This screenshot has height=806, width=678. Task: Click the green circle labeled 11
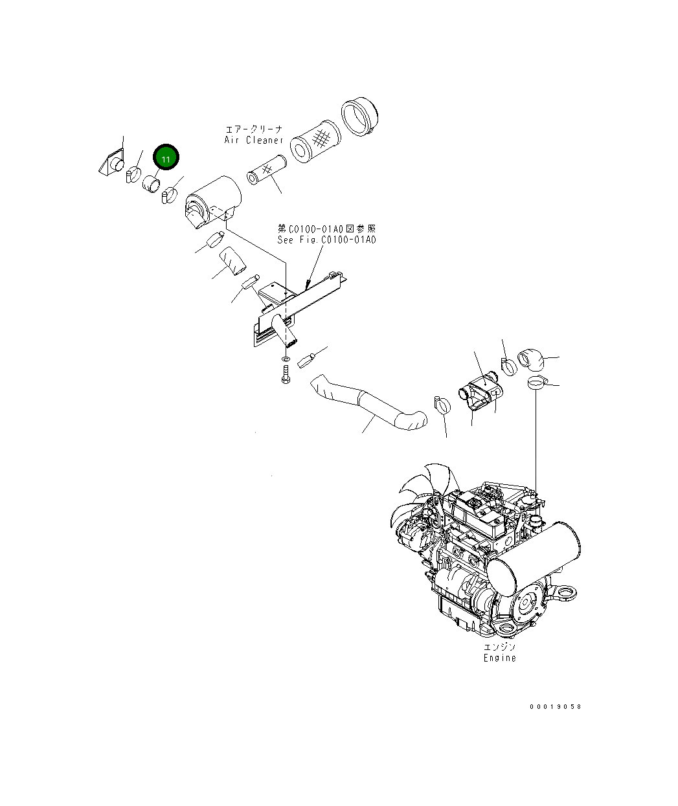(165, 158)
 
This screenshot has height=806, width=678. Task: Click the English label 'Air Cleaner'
(254, 140)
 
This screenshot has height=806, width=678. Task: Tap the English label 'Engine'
(500, 658)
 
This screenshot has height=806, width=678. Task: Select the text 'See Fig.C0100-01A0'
(326, 240)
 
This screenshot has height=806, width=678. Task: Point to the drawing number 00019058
(555, 706)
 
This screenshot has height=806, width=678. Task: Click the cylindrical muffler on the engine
(534, 550)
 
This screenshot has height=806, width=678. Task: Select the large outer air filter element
(315, 141)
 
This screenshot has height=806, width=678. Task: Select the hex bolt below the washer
(286, 374)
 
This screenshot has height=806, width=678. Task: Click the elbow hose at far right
(531, 358)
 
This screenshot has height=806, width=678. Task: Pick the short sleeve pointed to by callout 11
(152, 185)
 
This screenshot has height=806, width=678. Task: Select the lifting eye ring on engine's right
(567, 590)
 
